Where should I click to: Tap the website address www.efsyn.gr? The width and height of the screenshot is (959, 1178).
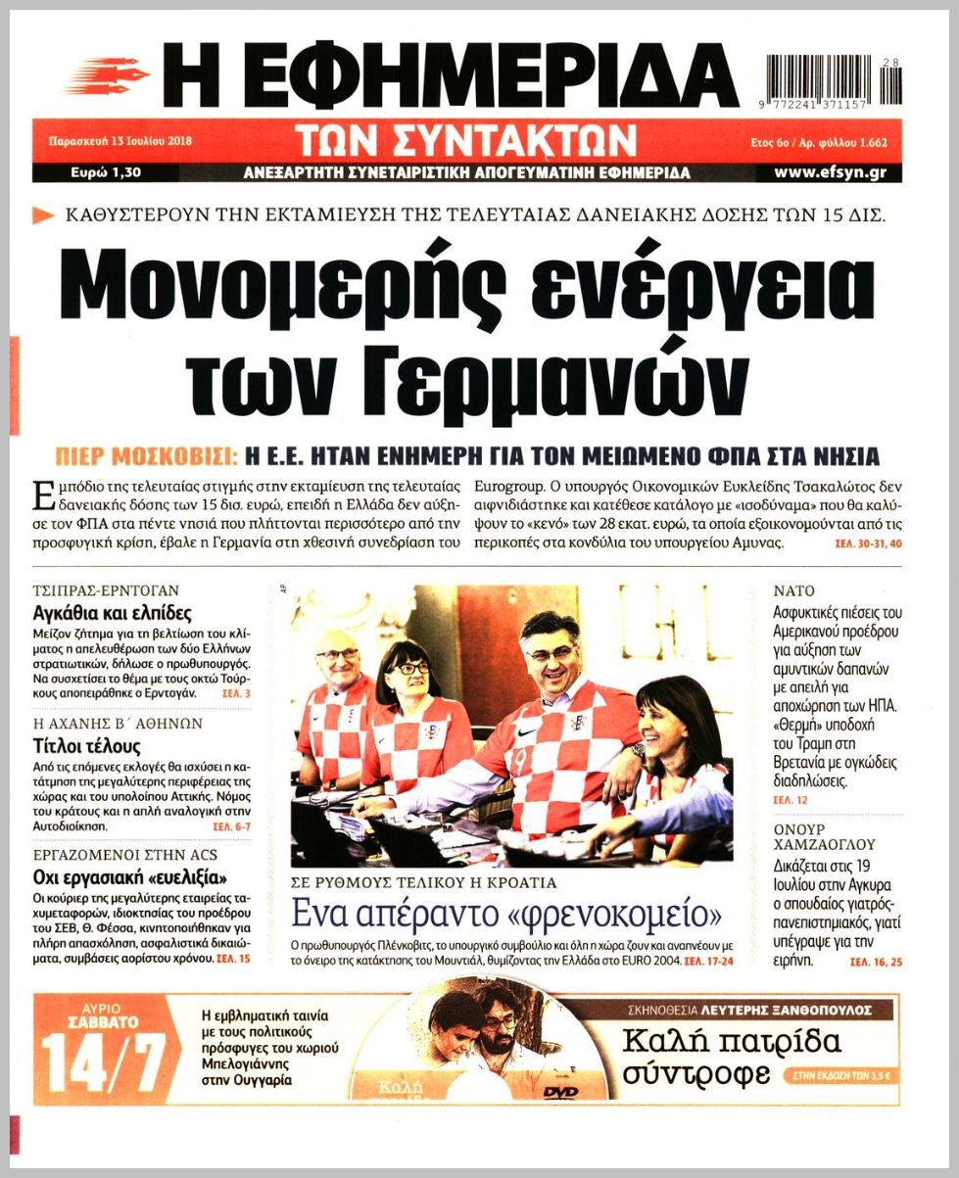[830, 172]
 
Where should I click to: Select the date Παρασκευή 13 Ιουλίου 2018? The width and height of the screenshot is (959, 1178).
[120, 140]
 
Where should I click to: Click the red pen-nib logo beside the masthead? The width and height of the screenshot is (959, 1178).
[109, 74]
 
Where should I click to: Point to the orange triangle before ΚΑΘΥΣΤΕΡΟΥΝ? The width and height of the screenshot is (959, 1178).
[43, 215]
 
